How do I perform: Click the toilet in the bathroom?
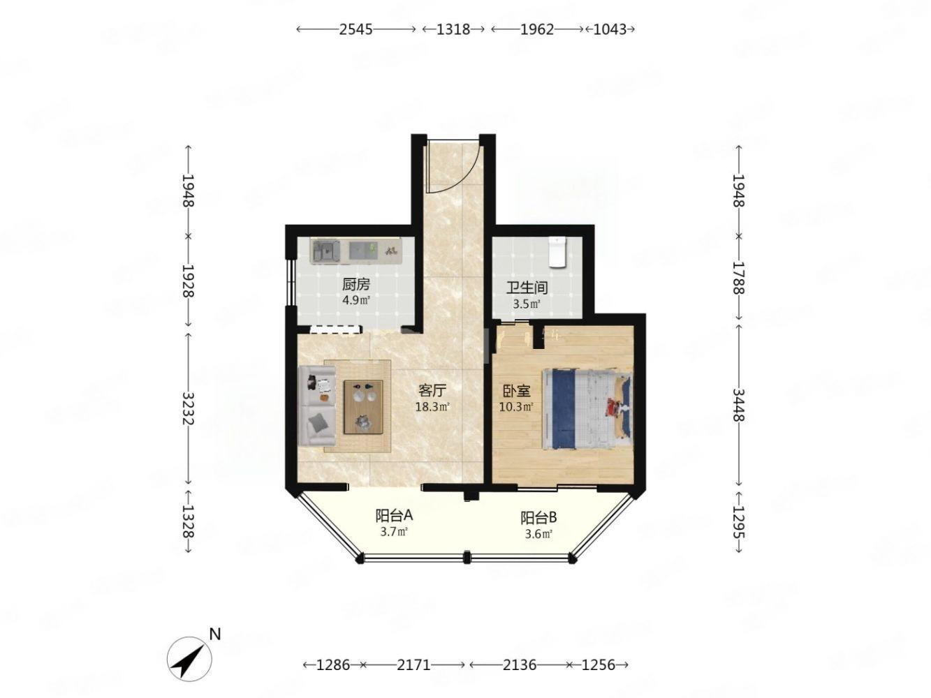coord(557,252)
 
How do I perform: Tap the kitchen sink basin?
coord(326,251)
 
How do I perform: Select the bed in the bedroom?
coord(587,410)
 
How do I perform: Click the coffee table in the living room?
coord(363,407)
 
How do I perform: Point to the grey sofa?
coord(317,406)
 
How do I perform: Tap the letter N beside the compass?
coord(215,634)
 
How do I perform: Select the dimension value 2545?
coord(355,29)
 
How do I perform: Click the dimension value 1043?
coord(610,29)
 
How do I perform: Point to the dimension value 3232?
coord(188,408)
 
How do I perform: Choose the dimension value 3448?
coord(738,405)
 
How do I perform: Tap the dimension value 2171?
coord(413,665)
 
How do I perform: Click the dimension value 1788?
coord(738,278)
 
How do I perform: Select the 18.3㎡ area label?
coord(432,407)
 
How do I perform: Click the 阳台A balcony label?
coord(394,515)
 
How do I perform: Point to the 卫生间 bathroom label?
coord(527,288)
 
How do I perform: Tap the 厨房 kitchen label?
coord(356,284)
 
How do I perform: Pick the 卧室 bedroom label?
coord(517,390)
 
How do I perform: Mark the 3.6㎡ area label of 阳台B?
coord(538,534)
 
